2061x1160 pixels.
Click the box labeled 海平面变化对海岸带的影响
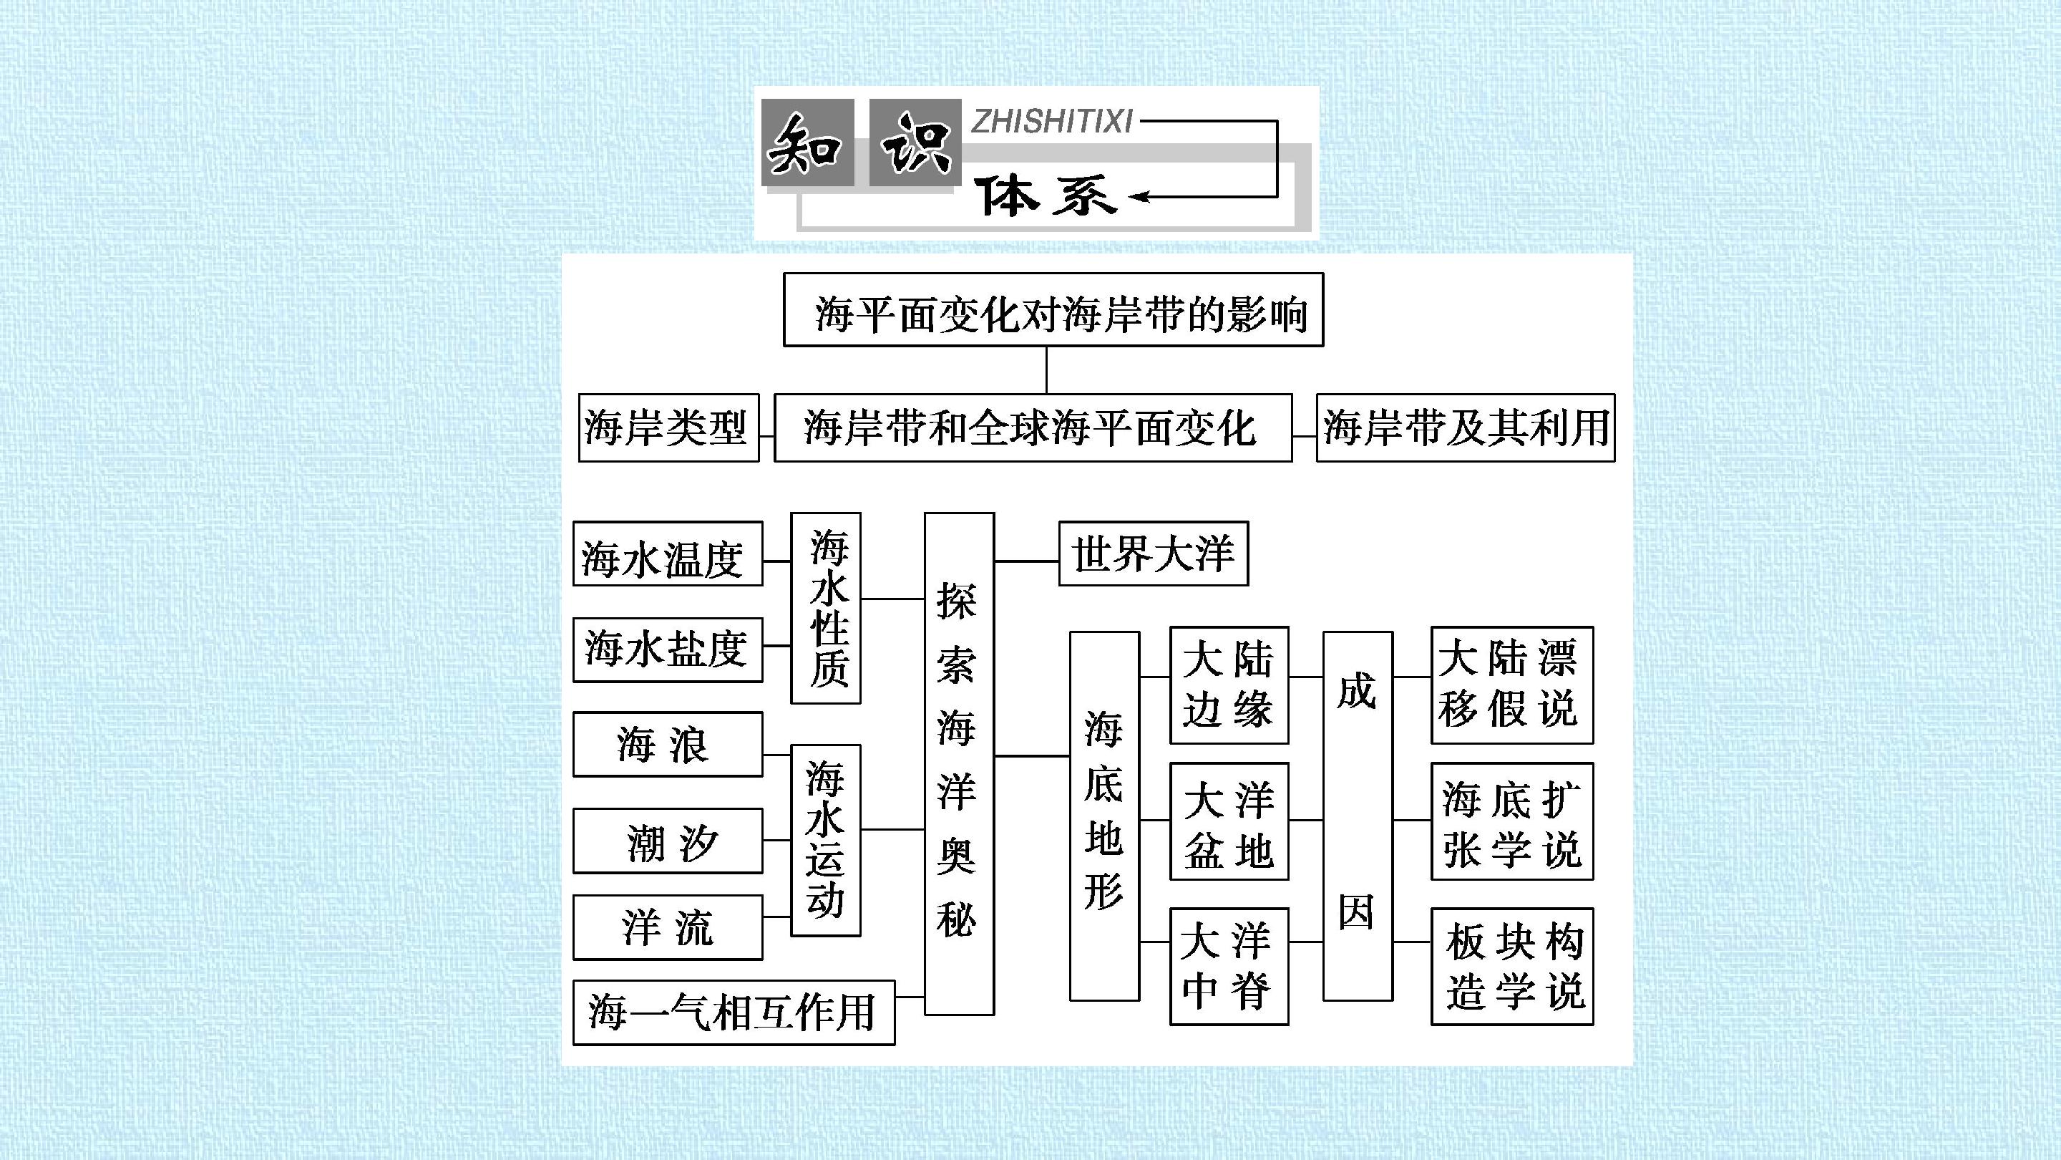point(1053,310)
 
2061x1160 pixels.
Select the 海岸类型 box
point(669,427)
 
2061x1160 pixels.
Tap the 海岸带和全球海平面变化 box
point(1033,427)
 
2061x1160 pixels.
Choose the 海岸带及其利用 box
point(1466,427)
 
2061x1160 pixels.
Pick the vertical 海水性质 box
point(826,609)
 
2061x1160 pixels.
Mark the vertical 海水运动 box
point(826,840)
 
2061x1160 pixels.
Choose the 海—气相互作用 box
point(734,1012)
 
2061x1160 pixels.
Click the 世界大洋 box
point(1154,554)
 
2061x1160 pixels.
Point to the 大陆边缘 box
point(1229,685)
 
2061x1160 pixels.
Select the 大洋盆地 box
point(1229,821)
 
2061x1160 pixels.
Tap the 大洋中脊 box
point(1229,966)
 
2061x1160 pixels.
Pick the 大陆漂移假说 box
point(1512,685)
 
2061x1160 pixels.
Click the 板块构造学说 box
point(1512,966)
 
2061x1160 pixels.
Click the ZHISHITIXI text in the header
point(1052,122)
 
